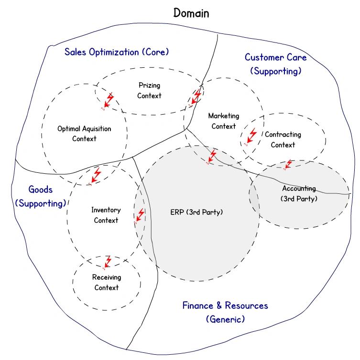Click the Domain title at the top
pos(191,13)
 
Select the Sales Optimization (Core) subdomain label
pos(117,52)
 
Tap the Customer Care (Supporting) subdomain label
pos(276,64)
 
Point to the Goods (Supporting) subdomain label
pos(41,197)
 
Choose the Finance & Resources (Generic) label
pos(225,312)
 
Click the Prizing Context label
pos(149,90)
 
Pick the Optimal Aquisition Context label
pos(84,134)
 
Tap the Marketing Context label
pos(224,121)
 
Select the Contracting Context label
pos(283,139)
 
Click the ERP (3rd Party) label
pos(196,212)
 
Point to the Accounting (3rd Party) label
pos(299,193)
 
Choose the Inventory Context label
pos(106,215)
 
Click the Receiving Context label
pos(107,282)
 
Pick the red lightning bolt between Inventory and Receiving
pos(107,263)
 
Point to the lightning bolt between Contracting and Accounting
pos(287,165)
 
